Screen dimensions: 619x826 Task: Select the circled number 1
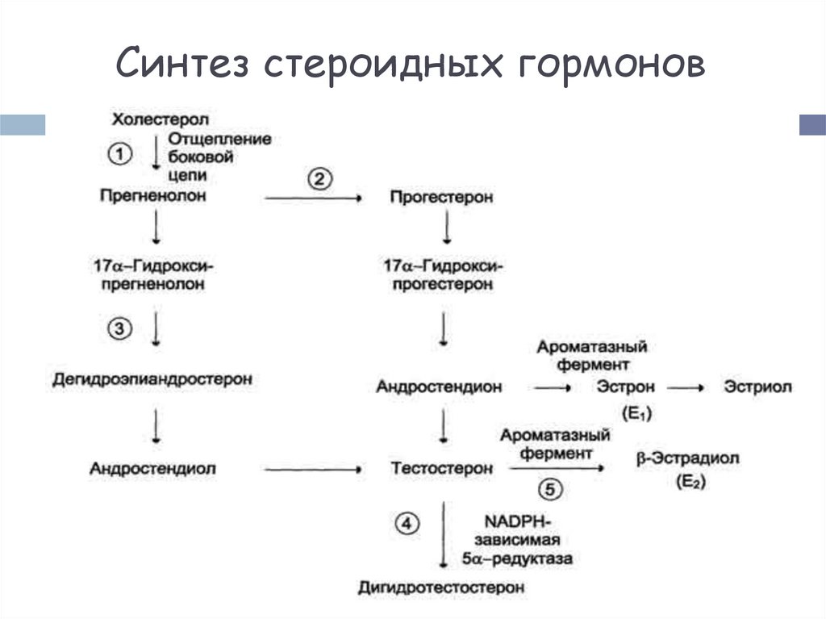coord(118,153)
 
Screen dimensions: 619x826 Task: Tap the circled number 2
coord(318,178)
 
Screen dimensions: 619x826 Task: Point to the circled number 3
coord(118,328)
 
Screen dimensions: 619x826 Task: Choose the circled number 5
coord(549,488)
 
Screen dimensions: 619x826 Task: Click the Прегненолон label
coord(153,196)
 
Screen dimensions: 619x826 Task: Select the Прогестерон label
coord(440,197)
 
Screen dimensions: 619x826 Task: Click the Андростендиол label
coord(153,468)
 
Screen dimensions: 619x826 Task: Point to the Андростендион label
coord(439,387)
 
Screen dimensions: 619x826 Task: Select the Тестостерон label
coord(441,468)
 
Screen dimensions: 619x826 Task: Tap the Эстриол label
coord(757,387)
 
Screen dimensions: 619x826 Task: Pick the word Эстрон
coord(626,387)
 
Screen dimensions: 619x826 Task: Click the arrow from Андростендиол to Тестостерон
coord(311,468)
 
